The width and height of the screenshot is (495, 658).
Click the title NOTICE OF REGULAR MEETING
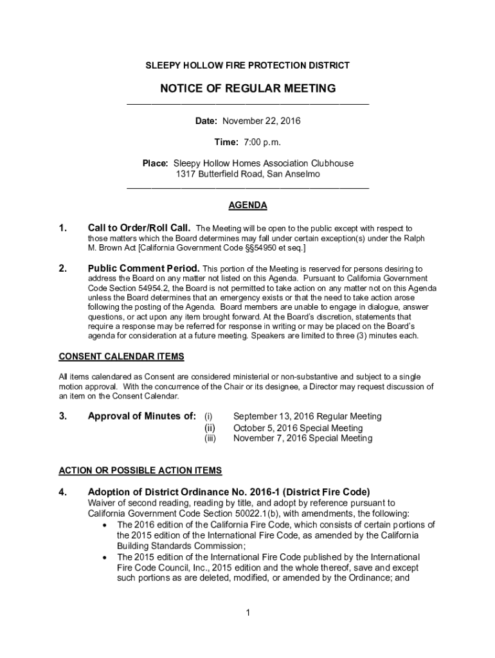[x=248, y=88]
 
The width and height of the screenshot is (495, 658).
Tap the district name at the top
[x=248, y=66]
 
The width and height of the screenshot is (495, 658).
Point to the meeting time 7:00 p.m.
[x=262, y=142]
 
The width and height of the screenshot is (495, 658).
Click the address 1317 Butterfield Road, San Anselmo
[x=248, y=174]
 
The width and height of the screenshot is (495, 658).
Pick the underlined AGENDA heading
[x=248, y=206]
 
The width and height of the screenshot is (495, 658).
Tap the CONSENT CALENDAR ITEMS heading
[x=122, y=356]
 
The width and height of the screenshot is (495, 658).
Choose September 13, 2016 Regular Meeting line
[x=307, y=416]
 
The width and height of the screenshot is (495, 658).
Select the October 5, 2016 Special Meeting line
[x=298, y=428]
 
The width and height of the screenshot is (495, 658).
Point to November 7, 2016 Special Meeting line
[x=302, y=438]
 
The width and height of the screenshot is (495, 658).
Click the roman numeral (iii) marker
[x=210, y=438]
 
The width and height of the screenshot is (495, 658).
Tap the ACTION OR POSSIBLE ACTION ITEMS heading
[x=140, y=470]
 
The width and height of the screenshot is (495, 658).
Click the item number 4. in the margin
[x=63, y=492]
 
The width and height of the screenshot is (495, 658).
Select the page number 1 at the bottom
[x=248, y=612]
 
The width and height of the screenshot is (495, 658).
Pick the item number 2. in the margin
[x=63, y=268]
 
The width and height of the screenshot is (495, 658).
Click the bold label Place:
[x=155, y=163]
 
